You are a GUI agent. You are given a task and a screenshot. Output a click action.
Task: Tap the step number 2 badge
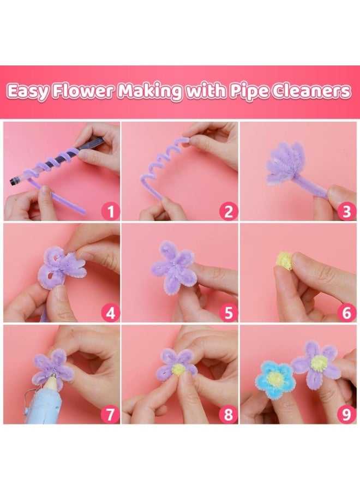coord(229,211)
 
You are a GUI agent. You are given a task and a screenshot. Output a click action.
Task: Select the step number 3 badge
coord(346,211)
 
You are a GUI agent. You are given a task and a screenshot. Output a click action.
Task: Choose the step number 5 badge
coord(229,313)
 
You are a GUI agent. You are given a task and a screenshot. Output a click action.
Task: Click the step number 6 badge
coord(346,313)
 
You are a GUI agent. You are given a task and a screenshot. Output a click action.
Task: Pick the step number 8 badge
coord(229,415)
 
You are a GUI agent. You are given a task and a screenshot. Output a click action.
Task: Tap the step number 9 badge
coord(346,415)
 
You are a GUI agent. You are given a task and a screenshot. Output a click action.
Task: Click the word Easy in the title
coord(28,92)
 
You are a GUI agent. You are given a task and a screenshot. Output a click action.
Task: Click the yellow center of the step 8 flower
coord(178,370)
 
